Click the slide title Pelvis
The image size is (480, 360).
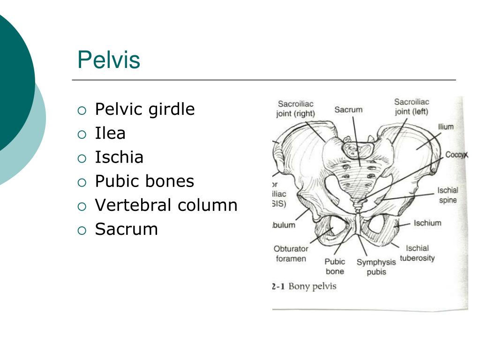click(x=109, y=60)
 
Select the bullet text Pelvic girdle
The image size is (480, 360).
click(x=144, y=109)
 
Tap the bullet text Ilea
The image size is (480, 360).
click(x=110, y=134)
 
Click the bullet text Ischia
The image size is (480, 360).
click(x=119, y=157)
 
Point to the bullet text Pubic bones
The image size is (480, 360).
click(x=144, y=181)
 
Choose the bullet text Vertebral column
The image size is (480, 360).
click(x=166, y=205)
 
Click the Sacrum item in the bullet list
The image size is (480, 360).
click(x=126, y=229)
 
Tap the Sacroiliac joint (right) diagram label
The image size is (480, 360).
click(x=295, y=108)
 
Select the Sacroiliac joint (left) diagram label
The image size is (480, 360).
click(x=412, y=106)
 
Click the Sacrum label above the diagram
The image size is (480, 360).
click(x=348, y=110)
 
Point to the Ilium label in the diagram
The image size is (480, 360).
click(x=446, y=127)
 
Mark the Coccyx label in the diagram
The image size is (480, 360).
click(x=456, y=155)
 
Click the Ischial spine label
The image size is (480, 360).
click(x=448, y=195)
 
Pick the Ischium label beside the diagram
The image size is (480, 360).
click(x=427, y=223)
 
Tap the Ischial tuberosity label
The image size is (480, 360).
click(x=417, y=253)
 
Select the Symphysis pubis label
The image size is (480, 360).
click(x=376, y=267)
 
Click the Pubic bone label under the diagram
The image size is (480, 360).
click(x=335, y=266)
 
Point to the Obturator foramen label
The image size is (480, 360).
click(x=291, y=254)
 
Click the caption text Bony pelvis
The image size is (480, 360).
click(x=312, y=286)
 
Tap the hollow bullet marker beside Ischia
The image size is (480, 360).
click(x=82, y=158)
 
